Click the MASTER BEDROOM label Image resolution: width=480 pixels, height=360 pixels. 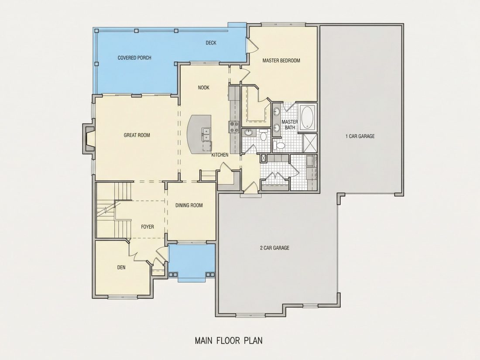[281, 61]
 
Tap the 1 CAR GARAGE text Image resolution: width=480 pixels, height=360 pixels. [360, 136]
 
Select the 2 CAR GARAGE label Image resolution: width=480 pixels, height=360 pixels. [274, 248]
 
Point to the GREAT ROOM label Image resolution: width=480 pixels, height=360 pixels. [137, 135]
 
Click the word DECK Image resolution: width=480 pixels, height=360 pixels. [211, 43]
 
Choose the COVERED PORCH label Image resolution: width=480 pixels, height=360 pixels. [134, 58]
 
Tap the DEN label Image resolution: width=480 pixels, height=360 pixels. [121, 267]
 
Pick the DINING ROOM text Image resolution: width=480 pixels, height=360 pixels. [189, 206]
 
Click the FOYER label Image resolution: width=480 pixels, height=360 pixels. [147, 227]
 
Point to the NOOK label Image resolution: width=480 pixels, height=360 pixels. [204, 88]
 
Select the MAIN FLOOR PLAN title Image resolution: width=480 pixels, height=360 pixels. [229, 340]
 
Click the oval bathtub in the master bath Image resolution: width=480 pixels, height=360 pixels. [307, 118]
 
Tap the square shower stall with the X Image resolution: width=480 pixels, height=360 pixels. [310, 142]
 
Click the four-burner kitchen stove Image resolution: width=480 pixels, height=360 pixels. [234, 127]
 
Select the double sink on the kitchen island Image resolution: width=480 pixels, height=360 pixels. [206, 134]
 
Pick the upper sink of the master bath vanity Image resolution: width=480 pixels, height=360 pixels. [277, 111]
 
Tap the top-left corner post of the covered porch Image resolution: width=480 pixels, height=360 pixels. [96, 31]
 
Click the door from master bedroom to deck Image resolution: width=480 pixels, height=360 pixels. [252, 45]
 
